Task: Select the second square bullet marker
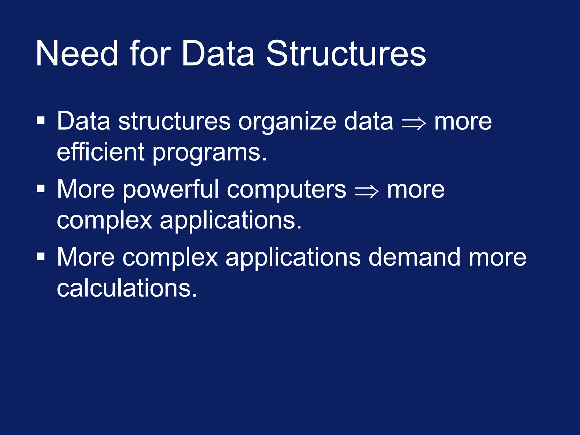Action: [x=41, y=188]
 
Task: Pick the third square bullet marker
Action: [x=41, y=256]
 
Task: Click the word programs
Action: [x=210, y=153]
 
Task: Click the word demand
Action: [x=414, y=257]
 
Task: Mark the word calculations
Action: [x=127, y=288]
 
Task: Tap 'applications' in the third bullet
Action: [x=293, y=258]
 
